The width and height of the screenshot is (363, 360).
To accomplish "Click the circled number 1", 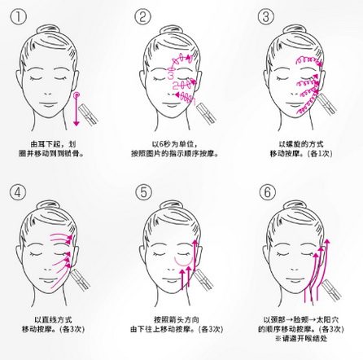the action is (19, 17).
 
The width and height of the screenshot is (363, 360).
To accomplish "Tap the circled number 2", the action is (142, 17).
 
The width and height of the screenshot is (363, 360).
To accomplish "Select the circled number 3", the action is (266, 17).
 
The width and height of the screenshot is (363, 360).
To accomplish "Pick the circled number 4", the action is (18, 192).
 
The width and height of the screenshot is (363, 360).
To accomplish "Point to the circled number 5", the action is (144, 192).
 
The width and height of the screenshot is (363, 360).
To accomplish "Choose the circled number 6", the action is (268, 192).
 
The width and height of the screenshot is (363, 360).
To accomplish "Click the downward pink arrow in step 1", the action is (77, 112).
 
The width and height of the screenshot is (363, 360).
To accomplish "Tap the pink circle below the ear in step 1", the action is (77, 94).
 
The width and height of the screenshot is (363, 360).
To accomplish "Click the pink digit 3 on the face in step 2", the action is (171, 75).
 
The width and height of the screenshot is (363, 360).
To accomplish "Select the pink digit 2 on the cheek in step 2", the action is (176, 86).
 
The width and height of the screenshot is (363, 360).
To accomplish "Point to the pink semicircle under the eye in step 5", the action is (183, 263).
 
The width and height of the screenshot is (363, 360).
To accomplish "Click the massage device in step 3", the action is (327, 104).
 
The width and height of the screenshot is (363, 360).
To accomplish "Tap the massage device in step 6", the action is (331, 290).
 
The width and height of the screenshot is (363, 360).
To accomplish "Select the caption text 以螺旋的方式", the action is (301, 144).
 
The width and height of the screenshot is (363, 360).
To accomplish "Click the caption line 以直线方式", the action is (53, 320).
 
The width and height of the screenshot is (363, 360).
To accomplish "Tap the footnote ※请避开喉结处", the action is (301, 339).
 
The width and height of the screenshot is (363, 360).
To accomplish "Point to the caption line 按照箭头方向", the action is (177, 320).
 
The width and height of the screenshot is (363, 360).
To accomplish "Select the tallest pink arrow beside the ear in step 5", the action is (195, 263).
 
